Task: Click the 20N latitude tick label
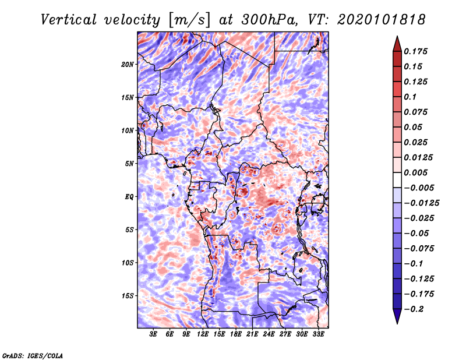click(x=128, y=65)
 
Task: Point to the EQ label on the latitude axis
click(x=129, y=197)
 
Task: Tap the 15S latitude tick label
click(x=128, y=296)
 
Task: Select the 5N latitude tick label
click(x=129, y=164)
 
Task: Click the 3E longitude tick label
click(x=153, y=334)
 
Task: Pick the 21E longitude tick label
click(x=252, y=334)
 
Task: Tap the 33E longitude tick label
click(x=318, y=334)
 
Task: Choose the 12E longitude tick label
click(x=202, y=334)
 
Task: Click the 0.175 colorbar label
click(x=416, y=51)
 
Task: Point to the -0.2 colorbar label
click(x=414, y=309)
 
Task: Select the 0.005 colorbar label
click(x=416, y=172)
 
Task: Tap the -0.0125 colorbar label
click(x=421, y=203)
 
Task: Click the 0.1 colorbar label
click(x=410, y=97)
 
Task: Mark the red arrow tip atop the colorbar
click(x=397, y=36)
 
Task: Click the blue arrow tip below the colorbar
click(x=397, y=323)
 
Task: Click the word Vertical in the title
click(x=69, y=20)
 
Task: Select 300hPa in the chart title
click(x=269, y=20)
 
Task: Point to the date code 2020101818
click(x=382, y=20)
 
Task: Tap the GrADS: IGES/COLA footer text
click(x=33, y=355)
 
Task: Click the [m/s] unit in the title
click(x=189, y=20)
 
